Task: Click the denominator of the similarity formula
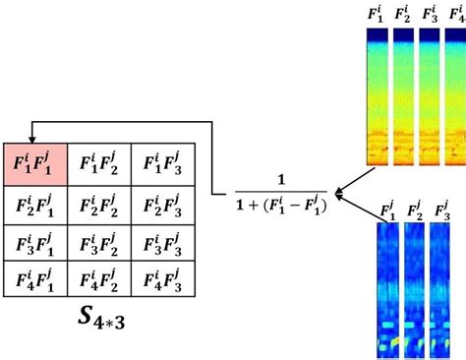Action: pos(281,207)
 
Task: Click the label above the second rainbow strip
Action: pos(403,14)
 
